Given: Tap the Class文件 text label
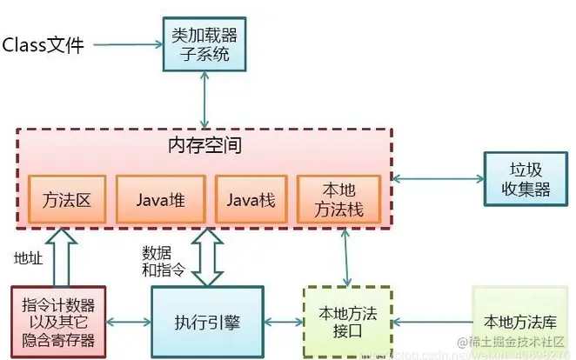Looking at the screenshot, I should tap(44, 44).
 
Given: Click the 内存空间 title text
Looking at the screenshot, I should tap(204, 145).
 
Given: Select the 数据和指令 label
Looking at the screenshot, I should tap(164, 261).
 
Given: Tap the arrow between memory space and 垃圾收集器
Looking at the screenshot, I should tap(438, 178).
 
